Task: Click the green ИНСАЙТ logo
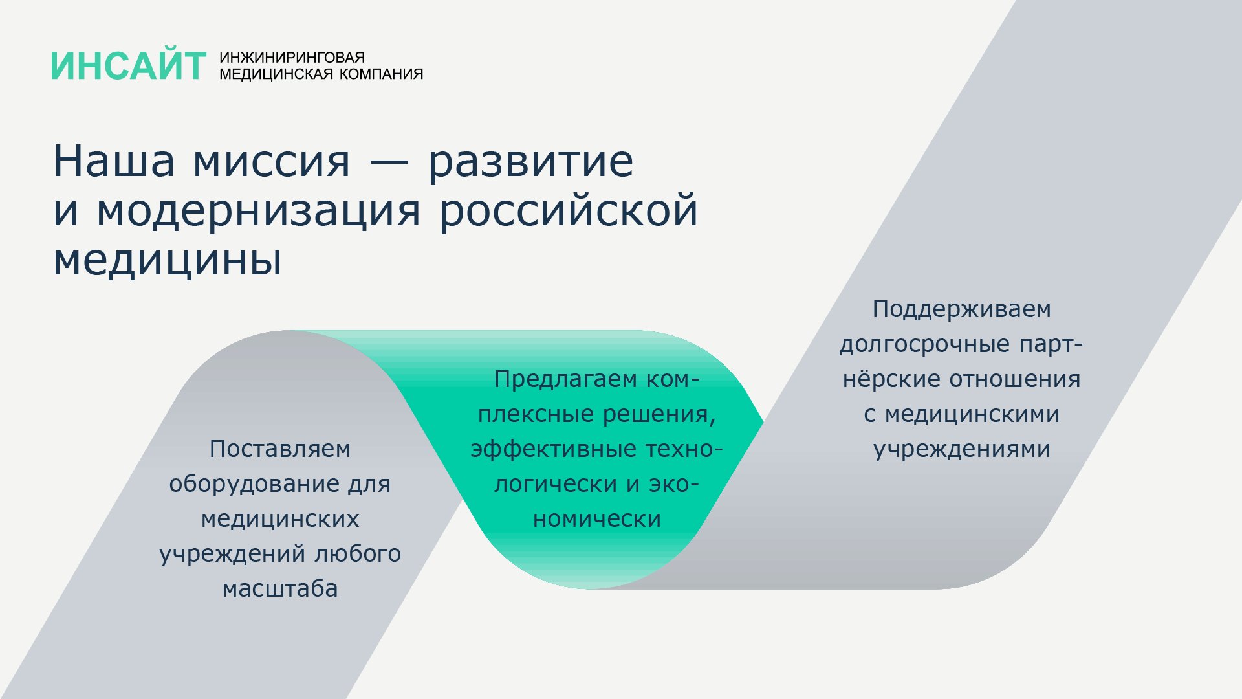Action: point(129,66)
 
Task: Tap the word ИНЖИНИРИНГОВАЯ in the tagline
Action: point(292,58)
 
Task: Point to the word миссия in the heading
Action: point(272,162)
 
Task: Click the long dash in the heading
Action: point(389,162)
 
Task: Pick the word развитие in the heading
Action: point(530,164)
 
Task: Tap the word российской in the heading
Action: point(569,210)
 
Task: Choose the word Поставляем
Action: point(280,449)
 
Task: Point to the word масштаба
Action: point(280,588)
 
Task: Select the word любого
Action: point(358,553)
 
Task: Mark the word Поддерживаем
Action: point(962,310)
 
